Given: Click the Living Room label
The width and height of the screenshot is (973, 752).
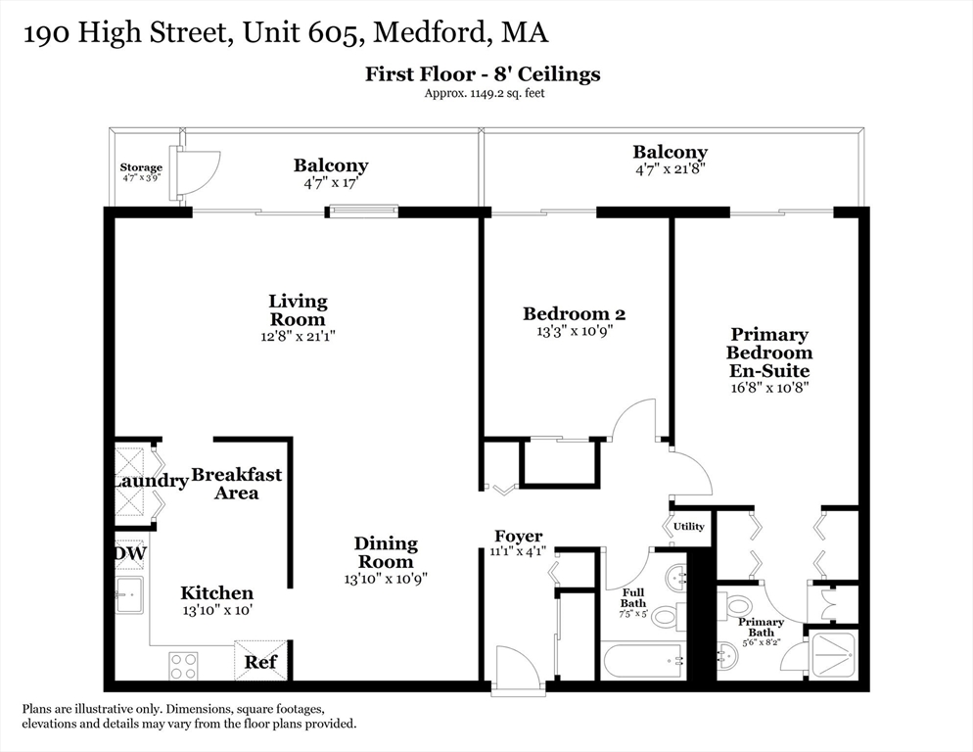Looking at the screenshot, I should click(x=299, y=310).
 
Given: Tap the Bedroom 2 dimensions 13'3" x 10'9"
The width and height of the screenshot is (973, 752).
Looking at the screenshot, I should click(x=574, y=331).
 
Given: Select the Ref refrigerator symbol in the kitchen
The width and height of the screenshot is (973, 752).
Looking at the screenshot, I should click(x=260, y=662).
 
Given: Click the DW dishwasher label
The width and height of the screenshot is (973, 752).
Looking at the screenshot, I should click(x=130, y=553).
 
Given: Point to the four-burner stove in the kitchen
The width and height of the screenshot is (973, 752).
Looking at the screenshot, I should click(x=183, y=666).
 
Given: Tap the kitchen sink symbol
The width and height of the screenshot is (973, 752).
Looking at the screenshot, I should click(x=129, y=594).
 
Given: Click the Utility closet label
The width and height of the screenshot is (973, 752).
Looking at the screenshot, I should click(x=688, y=527).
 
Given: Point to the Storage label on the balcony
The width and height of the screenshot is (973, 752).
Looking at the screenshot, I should click(x=141, y=168).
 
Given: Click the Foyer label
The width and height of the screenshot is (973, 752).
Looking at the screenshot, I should click(x=519, y=537).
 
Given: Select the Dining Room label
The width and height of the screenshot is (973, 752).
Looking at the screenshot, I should click(x=386, y=552).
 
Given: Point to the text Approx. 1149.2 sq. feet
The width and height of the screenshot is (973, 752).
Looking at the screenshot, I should click(x=483, y=94).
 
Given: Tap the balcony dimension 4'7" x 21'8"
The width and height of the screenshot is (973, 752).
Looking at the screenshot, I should click(x=670, y=167).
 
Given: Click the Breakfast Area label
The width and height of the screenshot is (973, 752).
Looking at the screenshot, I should click(x=236, y=484).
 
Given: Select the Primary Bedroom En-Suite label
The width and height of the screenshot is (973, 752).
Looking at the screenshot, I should click(x=769, y=353).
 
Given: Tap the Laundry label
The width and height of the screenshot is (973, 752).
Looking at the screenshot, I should click(x=149, y=481).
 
